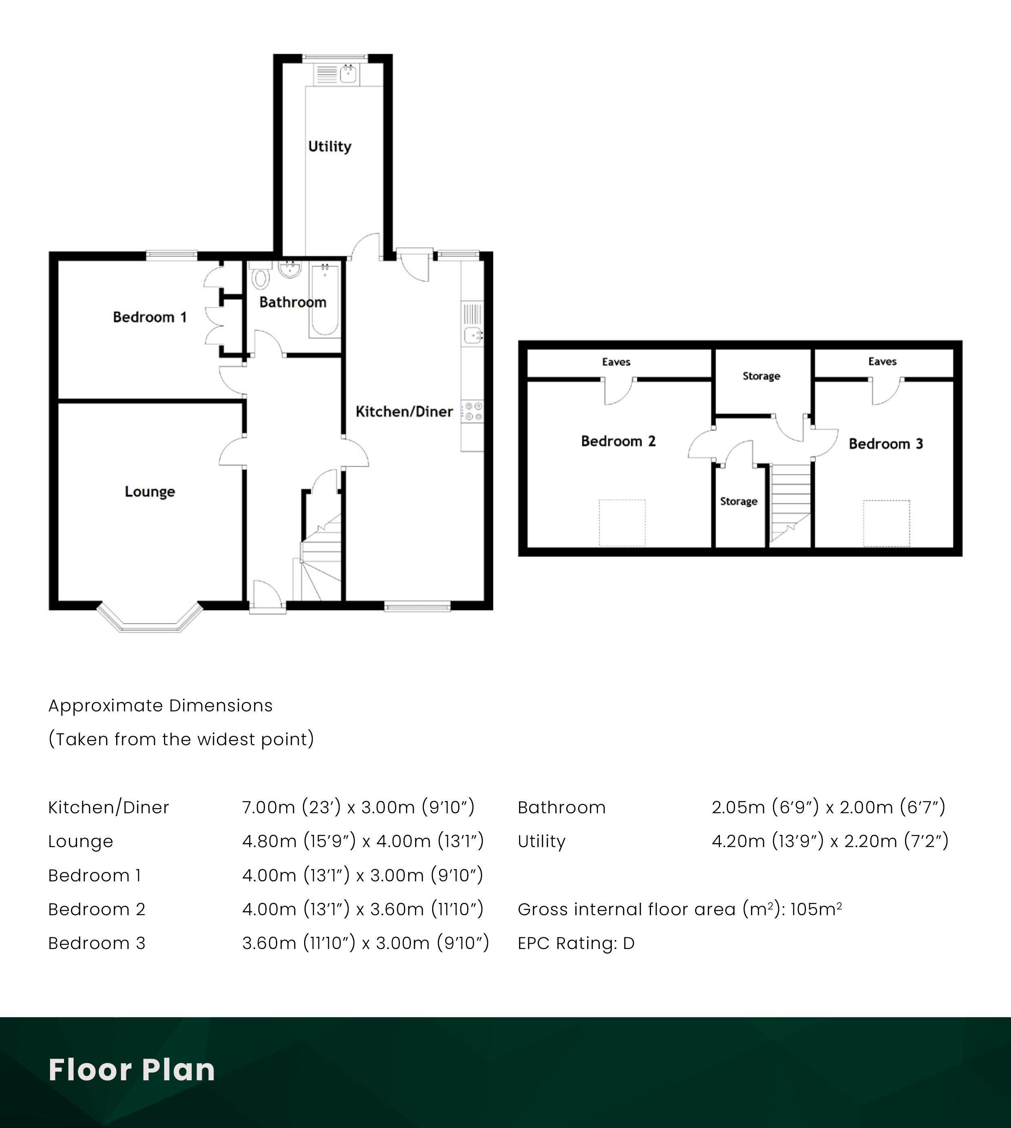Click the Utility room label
click(329, 147)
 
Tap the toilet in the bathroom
click(260, 276)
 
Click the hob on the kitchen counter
click(473, 412)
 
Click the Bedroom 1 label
click(150, 317)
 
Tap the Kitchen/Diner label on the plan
click(404, 412)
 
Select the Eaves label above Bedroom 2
click(616, 362)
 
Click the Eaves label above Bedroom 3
click(882, 362)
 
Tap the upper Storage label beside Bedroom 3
click(761, 376)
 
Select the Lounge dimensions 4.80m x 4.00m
click(363, 841)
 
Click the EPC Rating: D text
click(576, 943)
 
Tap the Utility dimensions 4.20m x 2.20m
click(830, 841)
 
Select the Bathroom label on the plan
click(293, 302)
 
